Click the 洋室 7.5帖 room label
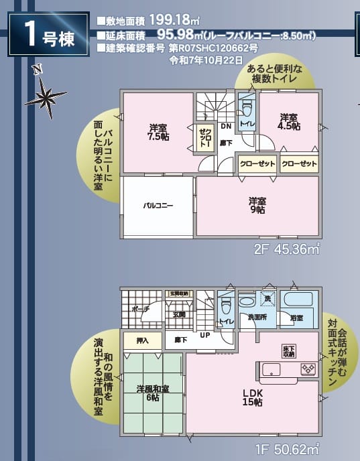click(158, 132)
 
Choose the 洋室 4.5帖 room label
click(289, 121)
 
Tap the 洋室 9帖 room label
click(257, 204)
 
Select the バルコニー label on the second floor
click(158, 206)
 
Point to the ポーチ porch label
click(140, 310)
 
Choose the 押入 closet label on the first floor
click(142, 340)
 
